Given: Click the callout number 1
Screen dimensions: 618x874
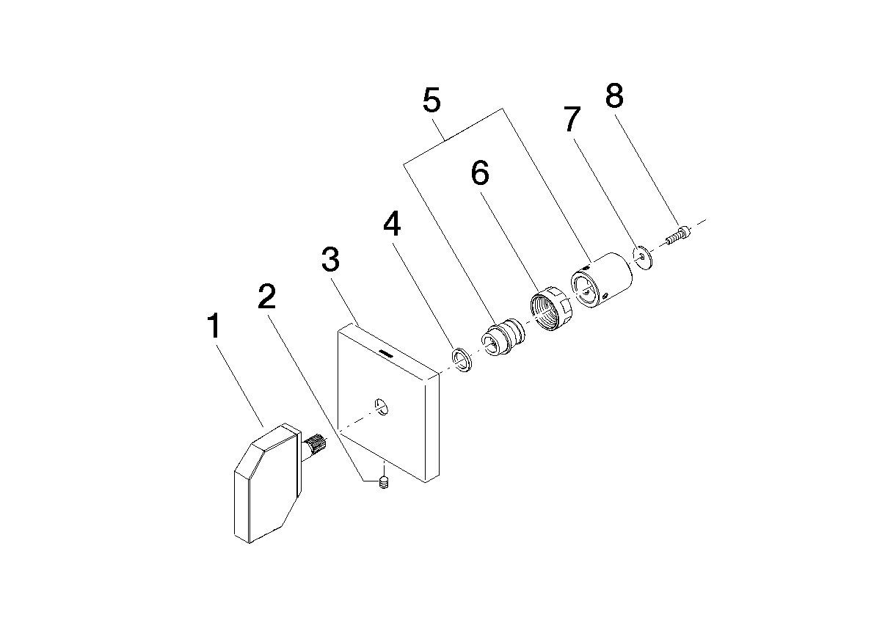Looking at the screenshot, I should coord(213,325).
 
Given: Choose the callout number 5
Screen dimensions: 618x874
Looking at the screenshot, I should coord(431,101).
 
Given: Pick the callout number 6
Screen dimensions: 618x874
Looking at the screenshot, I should coord(479,173).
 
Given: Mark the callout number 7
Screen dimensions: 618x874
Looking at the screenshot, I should coord(572,119).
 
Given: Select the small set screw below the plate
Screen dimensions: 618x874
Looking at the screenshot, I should coord(383,482).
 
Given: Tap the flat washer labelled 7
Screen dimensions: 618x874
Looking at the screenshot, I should coord(644,257).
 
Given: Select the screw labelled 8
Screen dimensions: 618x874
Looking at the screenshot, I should coord(677,236).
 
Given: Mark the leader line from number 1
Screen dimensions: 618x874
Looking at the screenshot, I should coord(238,382).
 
